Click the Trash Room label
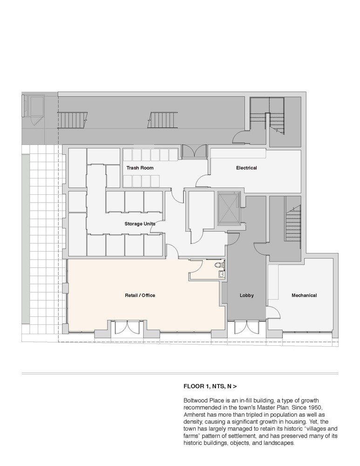pyautogui.click(x=140, y=168)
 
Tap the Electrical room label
pyautogui.click(x=246, y=168)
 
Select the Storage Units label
pyautogui.click(x=140, y=224)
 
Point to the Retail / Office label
pyautogui.click(x=140, y=295)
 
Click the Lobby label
pyautogui.click(x=247, y=295)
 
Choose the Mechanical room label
pyautogui.click(x=304, y=295)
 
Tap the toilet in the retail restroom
pyautogui.click(x=219, y=264)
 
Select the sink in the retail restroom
pyautogui.click(x=222, y=274)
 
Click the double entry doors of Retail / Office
pyautogui.click(x=127, y=328)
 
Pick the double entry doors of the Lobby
pyautogui.click(x=246, y=328)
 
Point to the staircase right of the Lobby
pyautogui.click(x=293, y=223)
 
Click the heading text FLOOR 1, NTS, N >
pyautogui.click(x=211, y=386)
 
